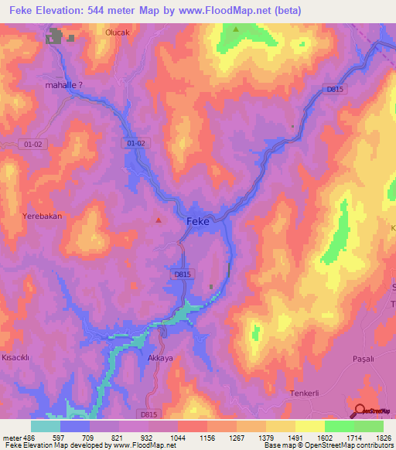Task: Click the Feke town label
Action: (198, 221)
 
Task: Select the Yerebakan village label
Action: (42, 216)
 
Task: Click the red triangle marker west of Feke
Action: (159, 220)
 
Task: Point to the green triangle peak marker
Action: (236, 29)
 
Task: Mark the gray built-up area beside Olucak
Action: (56, 36)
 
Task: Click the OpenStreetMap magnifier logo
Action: (359, 412)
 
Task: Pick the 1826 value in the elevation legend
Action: (383, 438)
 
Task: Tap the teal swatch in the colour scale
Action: (46, 426)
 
